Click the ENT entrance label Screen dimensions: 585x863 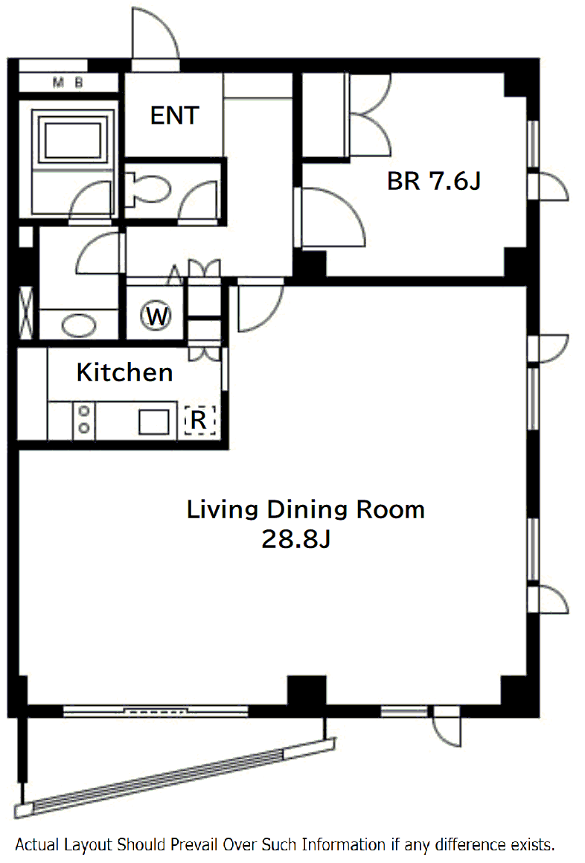tap(174, 115)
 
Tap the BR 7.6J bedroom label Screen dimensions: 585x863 tap(434, 180)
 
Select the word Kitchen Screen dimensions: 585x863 tap(125, 372)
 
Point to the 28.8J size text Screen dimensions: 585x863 tap(296, 539)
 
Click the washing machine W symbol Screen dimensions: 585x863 tap(157, 316)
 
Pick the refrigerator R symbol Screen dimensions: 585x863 tap(199, 420)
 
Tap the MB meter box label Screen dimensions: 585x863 tap(68, 83)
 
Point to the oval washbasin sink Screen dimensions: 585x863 tap(79, 325)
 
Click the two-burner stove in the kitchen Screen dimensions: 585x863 tap(83, 420)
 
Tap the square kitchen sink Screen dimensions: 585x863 tap(153, 422)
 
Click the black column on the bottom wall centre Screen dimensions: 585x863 tap(307, 690)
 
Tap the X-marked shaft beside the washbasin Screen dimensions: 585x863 tap(26, 313)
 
